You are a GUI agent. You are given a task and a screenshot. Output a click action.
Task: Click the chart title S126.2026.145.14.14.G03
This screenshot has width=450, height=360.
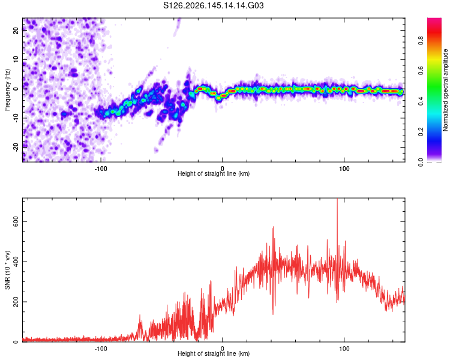pos(213,5)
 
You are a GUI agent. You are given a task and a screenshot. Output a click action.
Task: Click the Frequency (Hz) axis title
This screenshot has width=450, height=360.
pos(7,90)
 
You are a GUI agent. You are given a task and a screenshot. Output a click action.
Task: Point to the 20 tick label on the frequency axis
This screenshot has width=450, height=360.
pos(16,30)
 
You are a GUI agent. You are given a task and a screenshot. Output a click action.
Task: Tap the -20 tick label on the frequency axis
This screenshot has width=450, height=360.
pos(16,147)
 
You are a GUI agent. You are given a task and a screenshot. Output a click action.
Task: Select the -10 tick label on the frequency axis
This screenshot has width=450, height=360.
pos(16,118)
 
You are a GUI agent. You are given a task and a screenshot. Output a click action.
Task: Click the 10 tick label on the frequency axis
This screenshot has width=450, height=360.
pos(16,59)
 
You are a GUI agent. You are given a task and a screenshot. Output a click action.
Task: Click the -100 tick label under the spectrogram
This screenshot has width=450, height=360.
pos(101,169)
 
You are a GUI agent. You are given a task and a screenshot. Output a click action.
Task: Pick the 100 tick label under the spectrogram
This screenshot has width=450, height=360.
pos(344,169)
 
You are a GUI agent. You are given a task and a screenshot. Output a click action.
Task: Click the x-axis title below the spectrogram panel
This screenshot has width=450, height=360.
pos(214,173)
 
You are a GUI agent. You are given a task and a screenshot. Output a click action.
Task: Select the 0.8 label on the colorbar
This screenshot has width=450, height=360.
pos(421,40)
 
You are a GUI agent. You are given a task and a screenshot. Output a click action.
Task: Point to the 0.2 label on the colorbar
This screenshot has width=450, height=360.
pos(421,132)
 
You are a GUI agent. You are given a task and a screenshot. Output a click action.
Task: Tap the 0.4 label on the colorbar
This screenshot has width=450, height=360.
pos(421,101)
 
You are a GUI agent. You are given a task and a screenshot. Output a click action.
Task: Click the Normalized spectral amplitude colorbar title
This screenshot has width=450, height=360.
pos(445,90)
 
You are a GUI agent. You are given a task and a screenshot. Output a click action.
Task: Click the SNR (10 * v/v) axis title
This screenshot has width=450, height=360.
pos(7,270)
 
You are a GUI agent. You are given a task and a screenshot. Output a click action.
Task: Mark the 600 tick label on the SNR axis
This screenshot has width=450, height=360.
pos(16,221)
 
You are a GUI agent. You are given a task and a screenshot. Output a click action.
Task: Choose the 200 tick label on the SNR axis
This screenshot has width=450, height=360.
pos(16,302)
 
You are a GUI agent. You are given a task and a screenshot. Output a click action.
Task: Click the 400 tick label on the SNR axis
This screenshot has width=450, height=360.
pos(16,262)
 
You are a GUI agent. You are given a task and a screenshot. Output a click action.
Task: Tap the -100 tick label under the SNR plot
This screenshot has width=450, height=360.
pos(101,349)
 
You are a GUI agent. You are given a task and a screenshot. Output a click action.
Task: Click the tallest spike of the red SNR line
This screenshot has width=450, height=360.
pos(337,199)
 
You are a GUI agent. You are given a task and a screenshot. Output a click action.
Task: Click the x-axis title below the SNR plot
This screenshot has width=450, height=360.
pos(214,353)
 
